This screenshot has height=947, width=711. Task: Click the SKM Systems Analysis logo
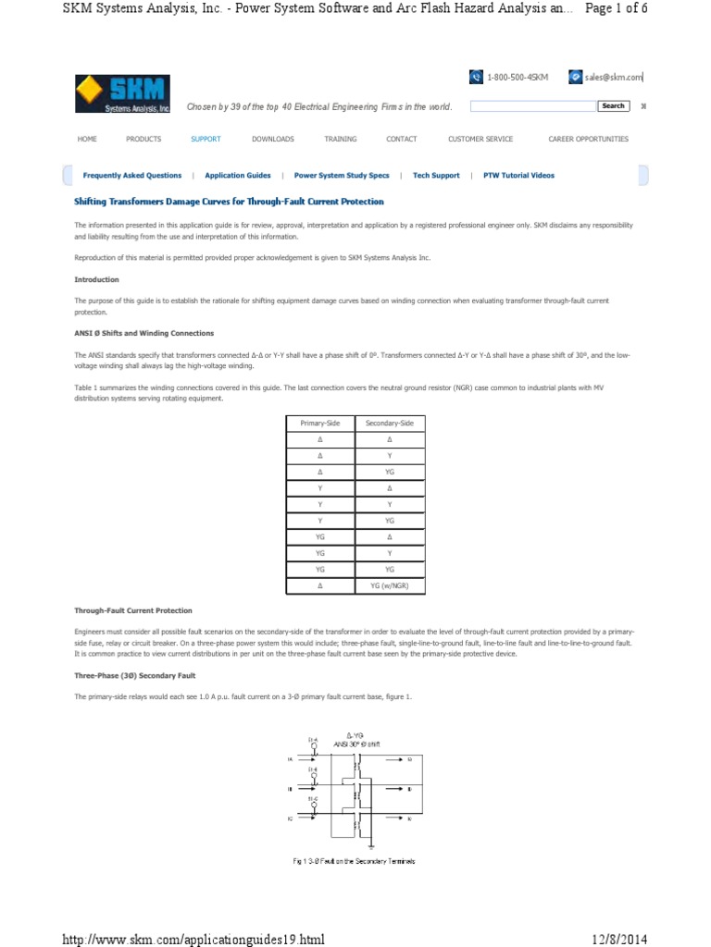pyautogui.click(x=123, y=94)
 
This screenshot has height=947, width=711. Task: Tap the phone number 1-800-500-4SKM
pyautogui.click(x=518, y=78)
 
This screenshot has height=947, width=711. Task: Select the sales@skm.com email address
pyautogui.click(x=613, y=78)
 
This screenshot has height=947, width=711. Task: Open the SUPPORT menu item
pyautogui.click(x=206, y=139)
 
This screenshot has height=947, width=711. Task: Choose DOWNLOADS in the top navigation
pyautogui.click(x=272, y=139)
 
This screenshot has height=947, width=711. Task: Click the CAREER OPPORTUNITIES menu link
pyautogui.click(x=588, y=139)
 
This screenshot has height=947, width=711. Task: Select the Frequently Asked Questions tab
pyautogui.click(x=132, y=175)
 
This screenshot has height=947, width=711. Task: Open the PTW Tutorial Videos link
pyautogui.click(x=519, y=175)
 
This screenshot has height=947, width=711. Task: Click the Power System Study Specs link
pyautogui.click(x=342, y=175)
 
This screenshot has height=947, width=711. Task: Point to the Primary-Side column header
pyautogui.click(x=320, y=423)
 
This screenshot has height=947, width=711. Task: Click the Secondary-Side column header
pyautogui.click(x=389, y=423)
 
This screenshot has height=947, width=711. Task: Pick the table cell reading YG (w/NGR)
pyautogui.click(x=389, y=586)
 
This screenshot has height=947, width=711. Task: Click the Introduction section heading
pyautogui.click(x=96, y=279)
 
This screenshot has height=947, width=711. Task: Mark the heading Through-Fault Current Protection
pyautogui.click(x=133, y=610)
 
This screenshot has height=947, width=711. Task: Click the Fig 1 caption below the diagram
pyautogui.click(x=354, y=861)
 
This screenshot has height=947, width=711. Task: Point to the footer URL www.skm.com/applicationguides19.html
pyautogui.click(x=193, y=940)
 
